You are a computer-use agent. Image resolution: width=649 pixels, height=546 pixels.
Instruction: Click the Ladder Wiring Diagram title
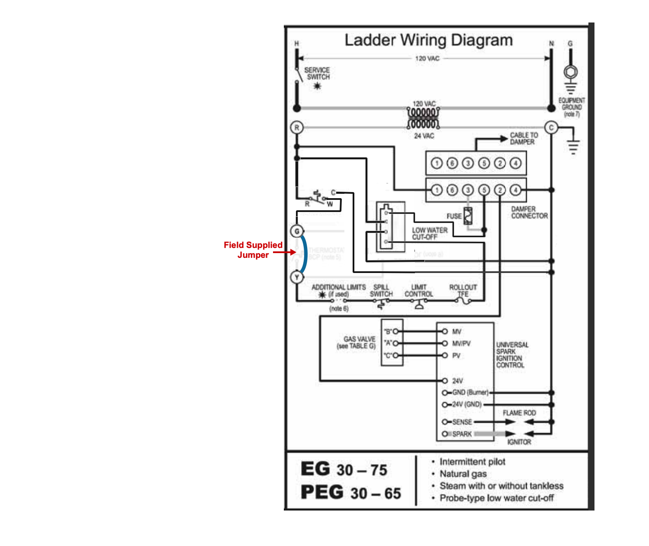point(428,40)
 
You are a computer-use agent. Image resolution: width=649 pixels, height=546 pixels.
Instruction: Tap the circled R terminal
point(297,128)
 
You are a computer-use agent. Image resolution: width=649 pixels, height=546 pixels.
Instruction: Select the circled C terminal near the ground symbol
point(551,128)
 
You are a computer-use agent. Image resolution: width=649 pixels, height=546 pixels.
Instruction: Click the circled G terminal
point(297,231)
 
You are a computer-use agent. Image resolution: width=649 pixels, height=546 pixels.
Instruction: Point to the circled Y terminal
point(297,277)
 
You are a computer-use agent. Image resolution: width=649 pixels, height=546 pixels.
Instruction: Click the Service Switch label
point(317,74)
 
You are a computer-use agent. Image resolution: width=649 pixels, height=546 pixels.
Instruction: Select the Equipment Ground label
point(571,107)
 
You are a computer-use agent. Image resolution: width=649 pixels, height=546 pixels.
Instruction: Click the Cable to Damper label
point(524,138)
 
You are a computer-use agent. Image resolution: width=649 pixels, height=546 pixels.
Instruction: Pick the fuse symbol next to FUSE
point(468,215)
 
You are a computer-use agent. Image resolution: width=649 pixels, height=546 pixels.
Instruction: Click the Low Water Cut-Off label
point(429,234)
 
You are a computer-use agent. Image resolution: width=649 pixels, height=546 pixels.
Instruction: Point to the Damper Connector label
point(529,212)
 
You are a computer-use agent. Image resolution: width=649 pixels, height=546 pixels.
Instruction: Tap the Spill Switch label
point(381,290)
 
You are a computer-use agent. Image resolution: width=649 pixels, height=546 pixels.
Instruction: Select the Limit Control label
point(418,290)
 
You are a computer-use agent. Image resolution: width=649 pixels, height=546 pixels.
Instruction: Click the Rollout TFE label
point(463,290)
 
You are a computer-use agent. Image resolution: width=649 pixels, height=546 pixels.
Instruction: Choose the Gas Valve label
point(359,342)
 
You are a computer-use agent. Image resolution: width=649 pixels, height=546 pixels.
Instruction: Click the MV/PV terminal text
point(461,344)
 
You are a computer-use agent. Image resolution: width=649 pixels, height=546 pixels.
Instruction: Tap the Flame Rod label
point(519,413)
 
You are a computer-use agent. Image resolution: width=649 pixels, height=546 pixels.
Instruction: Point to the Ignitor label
point(519,442)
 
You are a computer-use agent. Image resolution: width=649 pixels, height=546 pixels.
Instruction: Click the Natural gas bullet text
point(463,474)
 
